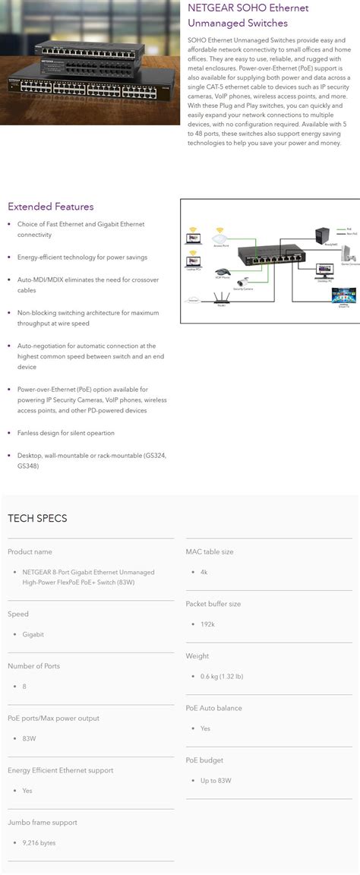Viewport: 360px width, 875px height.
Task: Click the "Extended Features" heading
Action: click(x=51, y=207)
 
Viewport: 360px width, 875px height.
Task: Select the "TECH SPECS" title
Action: click(x=37, y=518)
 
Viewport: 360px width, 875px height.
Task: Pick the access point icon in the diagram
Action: click(x=221, y=232)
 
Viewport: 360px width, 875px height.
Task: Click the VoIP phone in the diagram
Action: click(x=222, y=270)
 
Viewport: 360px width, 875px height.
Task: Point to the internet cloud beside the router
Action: click(x=194, y=301)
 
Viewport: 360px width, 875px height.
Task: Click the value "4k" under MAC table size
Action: click(x=204, y=571)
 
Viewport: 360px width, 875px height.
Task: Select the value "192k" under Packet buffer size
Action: click(x=207, y=624)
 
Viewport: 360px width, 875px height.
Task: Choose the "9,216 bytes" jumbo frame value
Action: click(x=39, y=842)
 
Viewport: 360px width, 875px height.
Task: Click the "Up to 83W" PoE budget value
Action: click(x=216, y=780)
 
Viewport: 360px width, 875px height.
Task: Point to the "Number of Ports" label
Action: click(x=33, y=666)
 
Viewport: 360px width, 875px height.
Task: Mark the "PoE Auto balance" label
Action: click(x=213, y=708)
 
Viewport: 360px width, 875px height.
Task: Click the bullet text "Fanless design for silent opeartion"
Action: click(x=66, y=433)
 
